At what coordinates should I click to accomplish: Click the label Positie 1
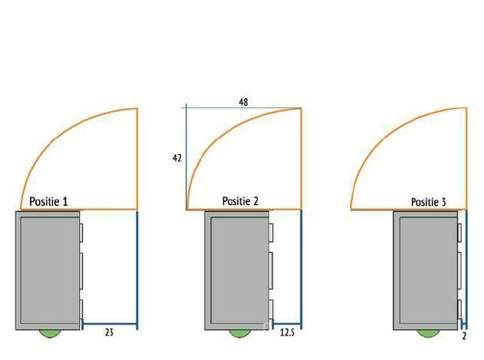(x=48, y=202)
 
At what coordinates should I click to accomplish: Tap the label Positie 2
(x=240, y=201)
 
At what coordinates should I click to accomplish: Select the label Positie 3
(x=429, y=202)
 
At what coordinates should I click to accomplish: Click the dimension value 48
(x=243, y=102)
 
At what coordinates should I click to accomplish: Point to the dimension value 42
(x=177, y=158)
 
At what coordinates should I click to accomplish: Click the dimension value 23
(x=109, y=332)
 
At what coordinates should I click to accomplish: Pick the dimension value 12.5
(x=287, y=332)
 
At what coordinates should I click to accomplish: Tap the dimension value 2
(x=464, y=336)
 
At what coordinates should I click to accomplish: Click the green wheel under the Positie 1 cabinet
(x=49, y=333)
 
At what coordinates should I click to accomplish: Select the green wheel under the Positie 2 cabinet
(x=239, y=333)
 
